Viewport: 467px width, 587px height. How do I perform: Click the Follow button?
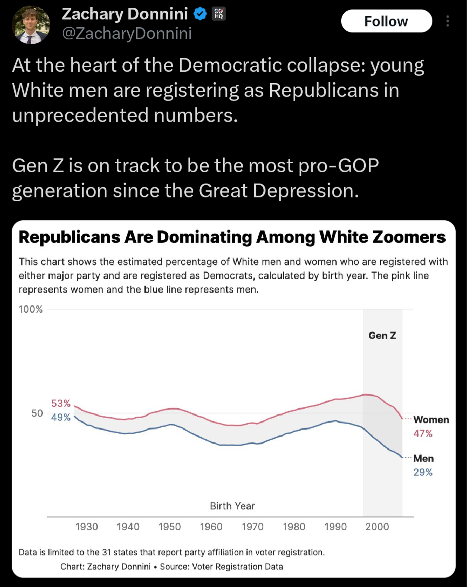point(386,21)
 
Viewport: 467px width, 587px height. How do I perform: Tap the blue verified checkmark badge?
point(200,14)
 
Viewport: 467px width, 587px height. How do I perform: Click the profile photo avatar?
point(31,25)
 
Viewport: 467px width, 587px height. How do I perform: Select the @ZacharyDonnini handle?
point(127,33)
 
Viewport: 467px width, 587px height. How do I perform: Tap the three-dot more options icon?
point(448,21)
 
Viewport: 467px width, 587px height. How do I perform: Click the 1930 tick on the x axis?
point(86,527)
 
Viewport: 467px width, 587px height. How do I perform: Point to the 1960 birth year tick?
point(211,527)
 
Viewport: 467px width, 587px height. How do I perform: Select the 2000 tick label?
point(377,527)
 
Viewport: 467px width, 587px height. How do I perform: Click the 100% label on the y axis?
point(31,310)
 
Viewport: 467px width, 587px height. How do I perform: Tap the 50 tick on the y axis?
point(37,413)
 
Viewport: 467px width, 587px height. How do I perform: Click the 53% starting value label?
point(61,403)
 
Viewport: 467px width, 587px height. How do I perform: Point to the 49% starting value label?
point(61,417)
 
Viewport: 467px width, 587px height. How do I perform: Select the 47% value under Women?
point(423,434)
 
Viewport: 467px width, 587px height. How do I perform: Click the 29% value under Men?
point(423,472)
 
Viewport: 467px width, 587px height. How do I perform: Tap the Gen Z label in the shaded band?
point(382,335)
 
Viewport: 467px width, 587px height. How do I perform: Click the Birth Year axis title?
point(233,506)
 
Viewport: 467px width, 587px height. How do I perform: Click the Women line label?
point(431,420)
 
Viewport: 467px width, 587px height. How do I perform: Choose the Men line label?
point(423,458)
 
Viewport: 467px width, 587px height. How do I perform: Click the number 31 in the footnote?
point(106,552)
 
